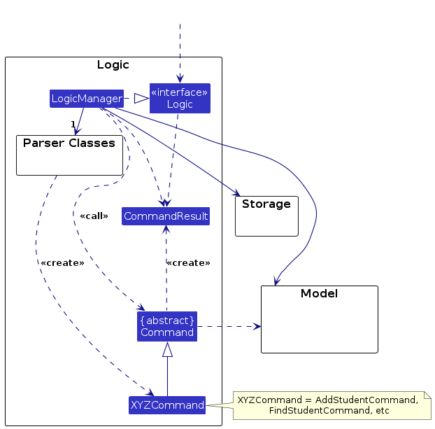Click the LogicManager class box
tap(87, 99)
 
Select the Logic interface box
tap(180, 99)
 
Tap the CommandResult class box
tap(166, 216)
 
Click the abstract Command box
tap(167, 326)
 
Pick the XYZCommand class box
tap(167, 405)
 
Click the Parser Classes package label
tap(69, 143)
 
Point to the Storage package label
tap(266, 204)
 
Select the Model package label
tap(319, 293)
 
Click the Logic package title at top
tap(113, 65)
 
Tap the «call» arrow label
tap(94, 216)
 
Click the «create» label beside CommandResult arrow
tap(188, 263)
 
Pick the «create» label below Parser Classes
tap(62, 263)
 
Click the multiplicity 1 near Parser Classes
tap(72, 125)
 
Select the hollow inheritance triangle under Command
tap(167, 349)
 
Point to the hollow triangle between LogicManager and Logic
tap(142, 99)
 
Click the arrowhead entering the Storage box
tap(236, 194)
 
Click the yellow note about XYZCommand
tap(328, 405)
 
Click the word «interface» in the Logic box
tap(180, 92)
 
